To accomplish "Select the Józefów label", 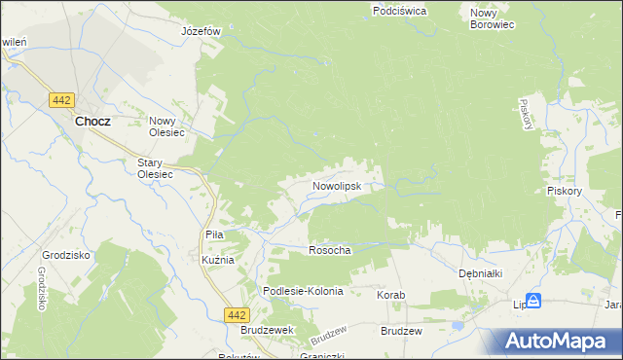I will (202, 30).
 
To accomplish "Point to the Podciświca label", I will (399, 11).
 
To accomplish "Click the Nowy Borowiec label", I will (492, 18).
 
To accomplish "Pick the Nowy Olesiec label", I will (167, 127).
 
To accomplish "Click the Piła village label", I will (215, 234).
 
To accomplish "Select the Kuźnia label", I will (218, 260).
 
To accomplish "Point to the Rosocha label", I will (329, 250).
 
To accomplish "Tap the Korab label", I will (390, 294).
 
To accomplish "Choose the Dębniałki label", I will (480, 273).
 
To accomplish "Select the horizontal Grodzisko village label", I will (59, 255).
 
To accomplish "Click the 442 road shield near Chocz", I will (63, 99).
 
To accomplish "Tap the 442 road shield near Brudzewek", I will (236, 314).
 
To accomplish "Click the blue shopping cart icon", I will (532, 302).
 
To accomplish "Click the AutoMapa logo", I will (557, 342).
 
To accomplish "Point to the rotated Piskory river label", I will (526, 114).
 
